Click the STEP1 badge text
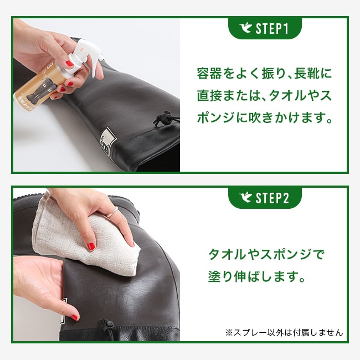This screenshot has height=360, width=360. tap(271, 29)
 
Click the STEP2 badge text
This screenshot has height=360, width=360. tap(272, 198)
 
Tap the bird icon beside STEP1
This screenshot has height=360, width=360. tap(245, 28)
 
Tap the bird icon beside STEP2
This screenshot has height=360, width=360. tap(245, 198)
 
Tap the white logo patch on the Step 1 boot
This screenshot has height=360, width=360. tap(108, 139)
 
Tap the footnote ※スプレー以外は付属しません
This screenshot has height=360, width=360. tap(284, 332)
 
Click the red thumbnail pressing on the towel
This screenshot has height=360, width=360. tap(91, 246)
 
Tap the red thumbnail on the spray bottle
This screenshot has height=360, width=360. tap(70, 63)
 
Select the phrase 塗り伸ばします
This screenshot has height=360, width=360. tap(256, 276)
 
